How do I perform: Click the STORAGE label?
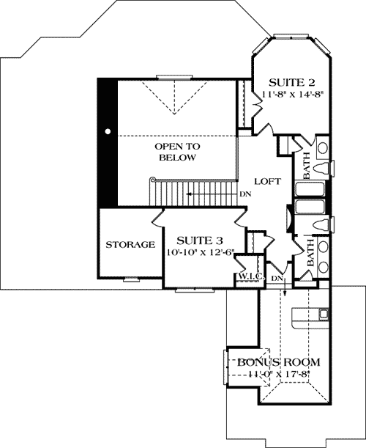pos(130,244)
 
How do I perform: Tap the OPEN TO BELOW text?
pos(176,152)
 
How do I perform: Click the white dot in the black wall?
pos(108,131)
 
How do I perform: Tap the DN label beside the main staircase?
pos(244,195)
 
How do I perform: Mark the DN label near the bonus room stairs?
pos(277,279)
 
